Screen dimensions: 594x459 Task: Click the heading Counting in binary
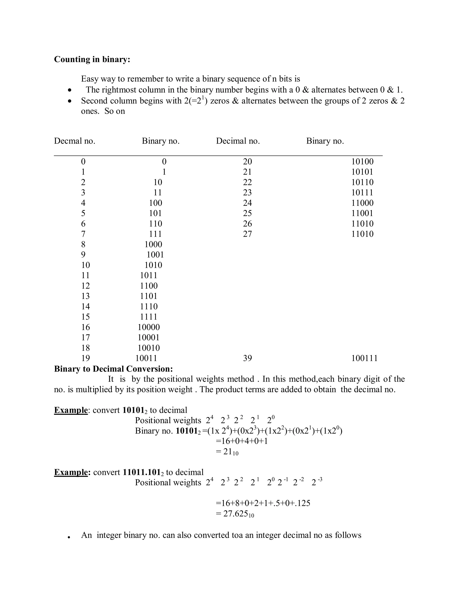92,59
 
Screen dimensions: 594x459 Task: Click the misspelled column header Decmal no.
74,141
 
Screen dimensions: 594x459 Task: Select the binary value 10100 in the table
362,162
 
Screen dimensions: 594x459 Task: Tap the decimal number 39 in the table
247,358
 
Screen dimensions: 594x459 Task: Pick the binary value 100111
364,358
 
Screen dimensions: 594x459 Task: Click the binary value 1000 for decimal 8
153,244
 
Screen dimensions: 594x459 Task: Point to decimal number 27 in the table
247,234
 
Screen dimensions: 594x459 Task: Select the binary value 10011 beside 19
146,358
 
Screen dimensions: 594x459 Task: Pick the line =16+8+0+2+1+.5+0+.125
263,503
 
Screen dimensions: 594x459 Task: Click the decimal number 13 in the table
85,296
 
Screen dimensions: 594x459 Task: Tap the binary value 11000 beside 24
362,203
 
